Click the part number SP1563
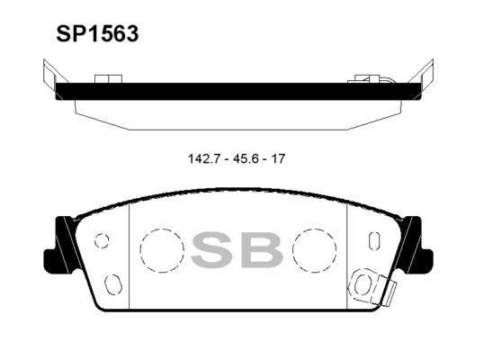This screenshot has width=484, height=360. pyautogui.click(x=97, y=34)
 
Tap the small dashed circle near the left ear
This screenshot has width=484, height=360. pyautogui.click(x=102, y=239)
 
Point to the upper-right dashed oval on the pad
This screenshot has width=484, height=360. pyautogui.click(x=374, y=240)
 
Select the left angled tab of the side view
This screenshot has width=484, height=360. pyautogui.click(x=49, y=74)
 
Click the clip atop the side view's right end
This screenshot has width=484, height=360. pyautogui.click(x=370, y=79)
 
